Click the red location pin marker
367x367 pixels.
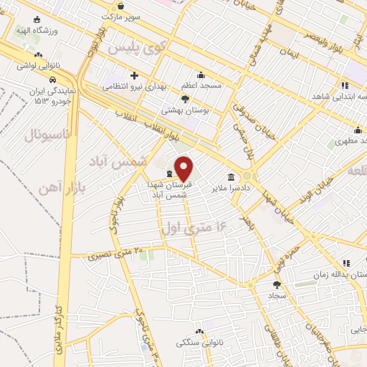(x=184, y=168)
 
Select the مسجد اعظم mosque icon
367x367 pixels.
(x=201, y=75)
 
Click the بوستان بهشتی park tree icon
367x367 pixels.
(x=186, y=99)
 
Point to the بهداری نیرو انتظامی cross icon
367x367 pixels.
(x=134, y=75)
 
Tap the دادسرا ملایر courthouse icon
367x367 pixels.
(x=231, y=177)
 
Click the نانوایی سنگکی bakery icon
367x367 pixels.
(x=200, y=330)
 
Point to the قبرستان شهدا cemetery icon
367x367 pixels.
(x=169, y=173)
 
